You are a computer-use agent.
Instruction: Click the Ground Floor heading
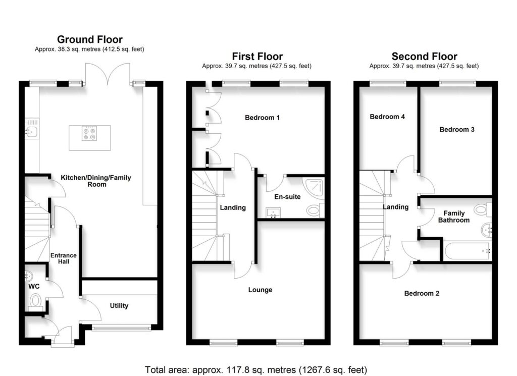[x=89, y=39]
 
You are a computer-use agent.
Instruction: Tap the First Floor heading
[x=257, y=56]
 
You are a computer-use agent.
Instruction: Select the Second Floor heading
[x=424, y=56]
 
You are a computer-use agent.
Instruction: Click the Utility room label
[x=119, y=305]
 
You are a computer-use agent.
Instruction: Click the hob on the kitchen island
[x=89, y=133]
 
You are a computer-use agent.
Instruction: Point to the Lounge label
[x=260, y=290]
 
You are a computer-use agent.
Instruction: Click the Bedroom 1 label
[x=262, y=118]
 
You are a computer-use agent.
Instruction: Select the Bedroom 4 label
[x=387, y=117]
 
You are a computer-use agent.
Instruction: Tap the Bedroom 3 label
[x=457, y=129]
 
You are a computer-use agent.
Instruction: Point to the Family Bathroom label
[x=453, y=217]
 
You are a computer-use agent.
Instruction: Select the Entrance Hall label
[x=63, y=258]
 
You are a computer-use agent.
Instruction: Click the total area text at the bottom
[x=256, y=369]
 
